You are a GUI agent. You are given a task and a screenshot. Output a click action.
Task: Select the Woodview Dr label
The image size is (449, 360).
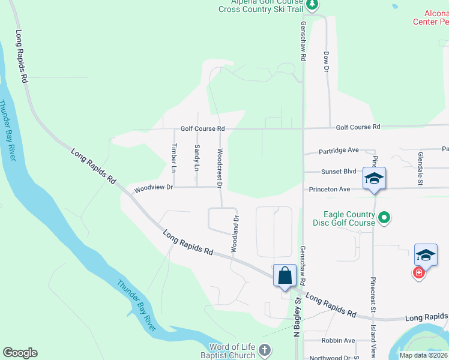pyautogui.click(x=153, y=188)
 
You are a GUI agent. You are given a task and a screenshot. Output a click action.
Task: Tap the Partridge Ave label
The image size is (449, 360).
pyautogui.click(x=338, y=150)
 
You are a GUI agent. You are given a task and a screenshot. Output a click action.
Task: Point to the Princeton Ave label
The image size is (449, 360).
pyautogui.click(x=333, y=190)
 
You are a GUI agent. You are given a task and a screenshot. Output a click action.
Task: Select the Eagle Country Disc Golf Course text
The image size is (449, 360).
pyautogui.click(x=349, y=218)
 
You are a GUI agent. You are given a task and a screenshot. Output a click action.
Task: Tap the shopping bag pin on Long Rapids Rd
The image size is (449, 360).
pyautogui.click(x=285, y=276)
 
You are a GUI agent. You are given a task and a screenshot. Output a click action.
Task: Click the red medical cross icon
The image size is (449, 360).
pyautogui.click(x=419, y=273)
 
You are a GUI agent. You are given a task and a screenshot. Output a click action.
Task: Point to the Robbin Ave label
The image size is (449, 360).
pyautogui.click(x=339, y=340)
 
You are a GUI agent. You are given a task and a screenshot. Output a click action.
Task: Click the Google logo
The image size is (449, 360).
pyautogui.click(x=20, y=353)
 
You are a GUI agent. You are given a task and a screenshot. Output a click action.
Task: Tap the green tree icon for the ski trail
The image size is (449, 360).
pyautogui.click(x=312, y=5)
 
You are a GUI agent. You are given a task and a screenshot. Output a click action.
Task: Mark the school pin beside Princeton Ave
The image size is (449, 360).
pyautogui.click(x=373, y=178)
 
